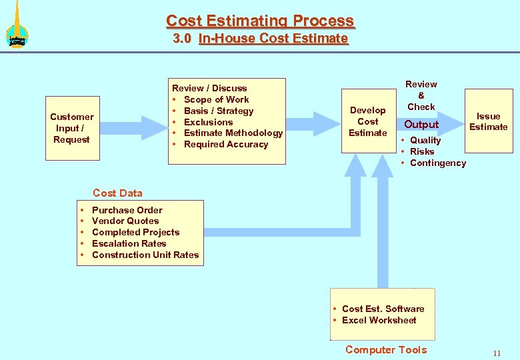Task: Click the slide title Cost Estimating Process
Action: pos(260,21)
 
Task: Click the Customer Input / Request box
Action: pos(72,128)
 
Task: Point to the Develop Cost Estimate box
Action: pos(367,121)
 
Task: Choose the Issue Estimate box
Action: pos(488,121)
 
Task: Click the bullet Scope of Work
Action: pos(216,99)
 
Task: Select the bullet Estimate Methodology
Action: pos(233,133)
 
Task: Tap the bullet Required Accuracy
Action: pos(225,145)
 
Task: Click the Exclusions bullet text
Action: pos(208,122)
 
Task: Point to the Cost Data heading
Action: pos(117,193)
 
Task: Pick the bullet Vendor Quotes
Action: pos(125,221)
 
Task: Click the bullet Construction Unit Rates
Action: pos(145,255)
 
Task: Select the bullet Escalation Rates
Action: pos(129,243)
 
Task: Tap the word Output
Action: pos(421,125)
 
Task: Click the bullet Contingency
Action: pos(437,163)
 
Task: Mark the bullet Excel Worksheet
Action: pos(379,320)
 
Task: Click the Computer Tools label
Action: pos(386,350)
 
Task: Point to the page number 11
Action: pos(497,353)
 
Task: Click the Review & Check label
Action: pos(421,95)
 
